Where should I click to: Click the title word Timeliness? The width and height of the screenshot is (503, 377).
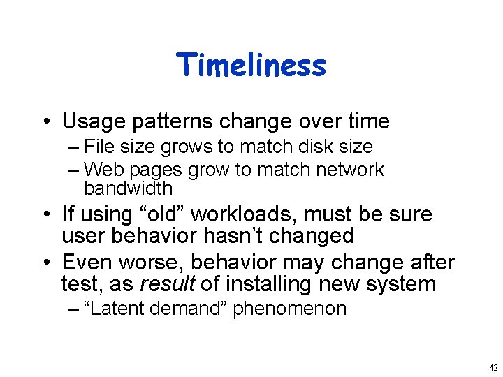point(251,65)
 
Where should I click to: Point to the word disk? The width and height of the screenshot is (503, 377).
point(314,147)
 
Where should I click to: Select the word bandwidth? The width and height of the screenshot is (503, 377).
point(128,188)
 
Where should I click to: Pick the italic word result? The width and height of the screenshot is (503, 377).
point(168,284)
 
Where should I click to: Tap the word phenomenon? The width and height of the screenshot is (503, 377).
point(289,309)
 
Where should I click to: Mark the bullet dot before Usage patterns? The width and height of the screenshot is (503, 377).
point(45,122)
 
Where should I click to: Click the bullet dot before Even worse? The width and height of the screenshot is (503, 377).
point(45,263)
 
